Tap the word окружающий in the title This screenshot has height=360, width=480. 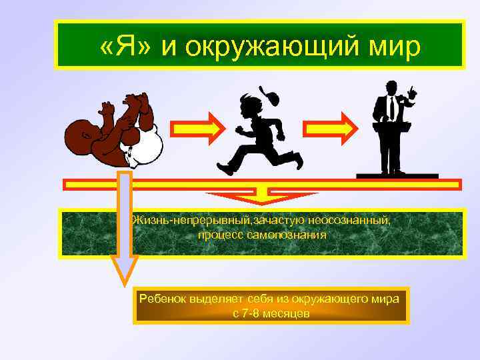[x=271, y=47]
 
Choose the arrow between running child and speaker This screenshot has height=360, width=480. [x=327, y=127]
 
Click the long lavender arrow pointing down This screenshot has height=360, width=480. [x=124, y=227]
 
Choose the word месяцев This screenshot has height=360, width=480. [x=288, y=313]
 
